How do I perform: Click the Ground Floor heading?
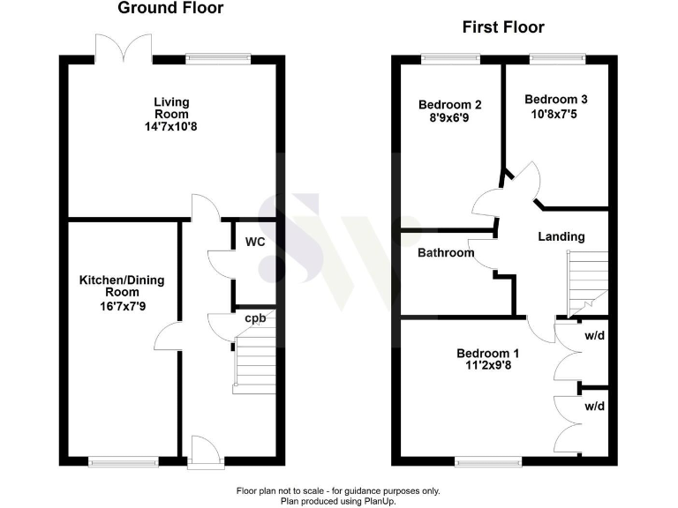171,9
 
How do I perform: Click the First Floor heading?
503,27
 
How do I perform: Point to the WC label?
255,242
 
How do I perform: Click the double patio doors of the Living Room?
116,45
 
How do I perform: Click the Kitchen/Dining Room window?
123,460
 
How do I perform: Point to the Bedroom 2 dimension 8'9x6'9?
442,116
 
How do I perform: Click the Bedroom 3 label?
555,100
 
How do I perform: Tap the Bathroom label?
446,253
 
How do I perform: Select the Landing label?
561,236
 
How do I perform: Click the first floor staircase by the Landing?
587,280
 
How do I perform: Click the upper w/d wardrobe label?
594,335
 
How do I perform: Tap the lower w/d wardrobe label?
594,407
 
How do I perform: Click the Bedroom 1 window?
488,460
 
